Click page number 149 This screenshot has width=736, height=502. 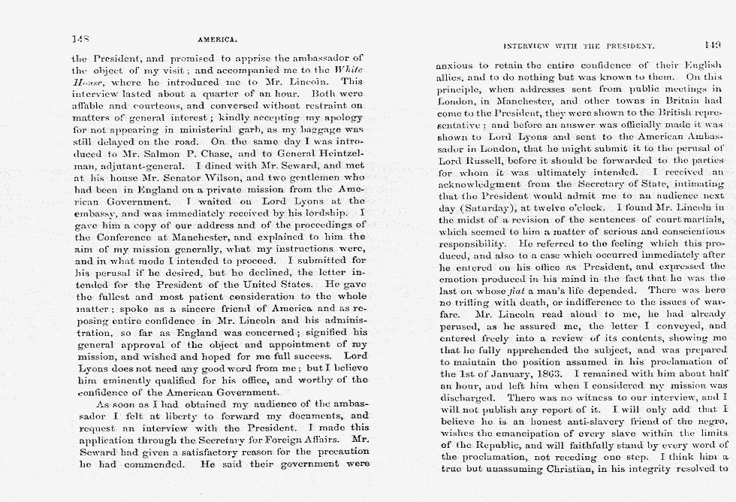[713, 44]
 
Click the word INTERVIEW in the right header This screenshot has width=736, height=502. [528, 46]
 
